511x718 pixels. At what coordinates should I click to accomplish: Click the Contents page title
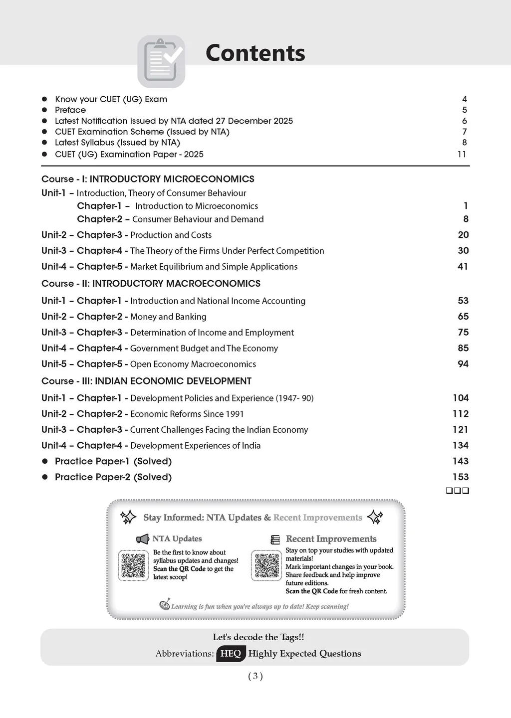[x=255, y=53]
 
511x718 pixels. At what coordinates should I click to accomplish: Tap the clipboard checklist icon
[x=161, y=61]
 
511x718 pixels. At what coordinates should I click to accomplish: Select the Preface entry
[x=70, y=110]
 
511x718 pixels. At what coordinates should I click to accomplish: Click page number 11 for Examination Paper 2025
[x=462, y=154]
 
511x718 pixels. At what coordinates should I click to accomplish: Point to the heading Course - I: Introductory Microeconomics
[x=148, y=179]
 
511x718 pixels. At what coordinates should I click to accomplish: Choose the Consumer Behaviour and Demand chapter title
[x=198, y=219]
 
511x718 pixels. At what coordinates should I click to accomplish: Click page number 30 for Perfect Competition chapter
[x=463, y=250]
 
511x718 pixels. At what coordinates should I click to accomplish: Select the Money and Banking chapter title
[x=168, y=317]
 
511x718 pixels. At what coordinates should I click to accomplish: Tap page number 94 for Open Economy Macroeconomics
[x=463, y=364]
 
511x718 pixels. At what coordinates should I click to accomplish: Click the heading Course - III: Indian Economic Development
[x=146, y=381]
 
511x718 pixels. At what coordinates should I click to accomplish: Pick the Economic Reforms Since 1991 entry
[x=187, y=414]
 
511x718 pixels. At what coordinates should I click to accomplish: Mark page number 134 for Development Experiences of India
[x=461, y=445]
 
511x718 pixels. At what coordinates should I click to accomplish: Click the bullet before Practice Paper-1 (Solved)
[x=45, y=461]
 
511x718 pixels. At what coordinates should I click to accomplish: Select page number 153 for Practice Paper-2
[x=461, y=477]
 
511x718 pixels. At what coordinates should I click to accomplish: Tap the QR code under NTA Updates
[x=133, y=565]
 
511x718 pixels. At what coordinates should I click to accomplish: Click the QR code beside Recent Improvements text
[x=266, y=565]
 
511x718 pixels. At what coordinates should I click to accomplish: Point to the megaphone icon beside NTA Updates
[x=143, y=539]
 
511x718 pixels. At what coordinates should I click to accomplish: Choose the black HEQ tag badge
[x=231, y=654]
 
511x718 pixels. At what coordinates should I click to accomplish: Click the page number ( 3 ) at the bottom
[x=255, y=676]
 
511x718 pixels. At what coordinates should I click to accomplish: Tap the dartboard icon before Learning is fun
[x=165, y=605]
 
